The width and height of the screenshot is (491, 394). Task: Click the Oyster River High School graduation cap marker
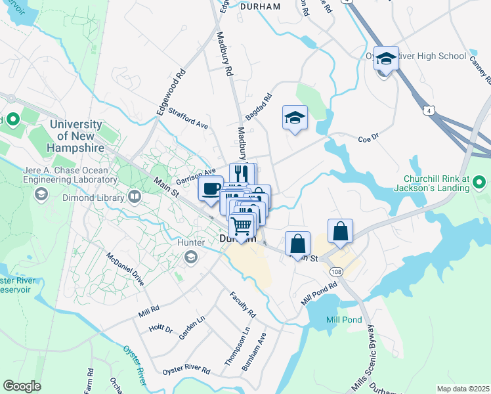pyautogui.click(x=387, y=58)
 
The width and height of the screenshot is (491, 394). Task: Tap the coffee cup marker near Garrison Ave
pyautogui.click(x=211, y=188)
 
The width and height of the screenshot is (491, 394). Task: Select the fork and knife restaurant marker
pyautogui.click(x=242, y=174)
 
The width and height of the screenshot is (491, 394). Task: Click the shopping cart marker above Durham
pyautogui.click(x=242, y=225)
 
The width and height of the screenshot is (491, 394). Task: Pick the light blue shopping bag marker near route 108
pyautogui.click(x=341, y=231)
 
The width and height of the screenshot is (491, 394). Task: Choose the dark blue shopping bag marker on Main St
pyautogui.click(x=298, y=243)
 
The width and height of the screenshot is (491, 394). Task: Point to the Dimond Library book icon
pyautogui.click(x=135, y=196)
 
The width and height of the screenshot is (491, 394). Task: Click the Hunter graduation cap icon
pyautogui.click(x=192, y=256)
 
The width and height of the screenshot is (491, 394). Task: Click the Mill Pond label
pyautogui.click(x=344, y=320)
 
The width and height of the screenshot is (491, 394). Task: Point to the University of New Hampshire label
pyautogui.click(x=76, y=136)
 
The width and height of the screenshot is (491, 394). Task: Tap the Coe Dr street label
pyautogui.click(x=369, y=138)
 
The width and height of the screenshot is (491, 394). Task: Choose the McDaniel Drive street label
pyautogui.click(x=125, y=270)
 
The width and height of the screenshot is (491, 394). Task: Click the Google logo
pyautogui.click(x=22, y=385)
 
